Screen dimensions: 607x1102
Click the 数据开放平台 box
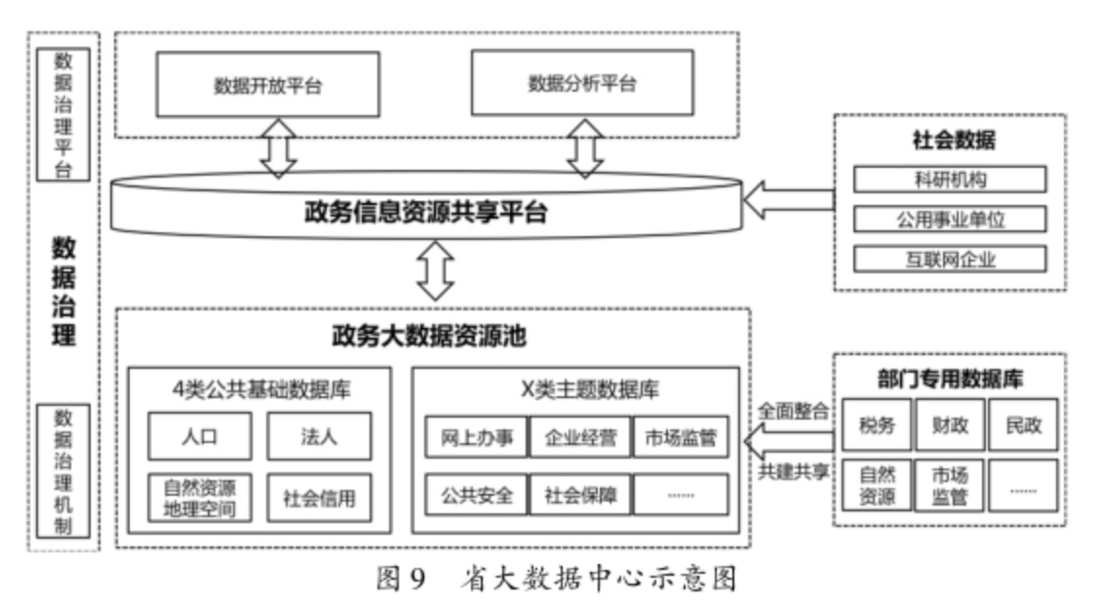tap(267, 85)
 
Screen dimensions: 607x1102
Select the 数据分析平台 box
tap(582, 84)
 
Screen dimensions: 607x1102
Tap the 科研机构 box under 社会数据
tap(949, 180)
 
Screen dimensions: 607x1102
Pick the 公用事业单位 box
tap(949, 220)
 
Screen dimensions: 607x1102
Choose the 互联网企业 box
tap(949, 259)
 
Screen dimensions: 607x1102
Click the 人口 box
tap(199, 436)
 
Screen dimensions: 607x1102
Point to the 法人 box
tap(318, 436)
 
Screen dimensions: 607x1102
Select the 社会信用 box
tap(318, 498)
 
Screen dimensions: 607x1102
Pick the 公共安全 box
tap(476, 494)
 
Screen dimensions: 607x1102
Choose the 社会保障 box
tap(579, 494)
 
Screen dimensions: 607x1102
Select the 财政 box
tap(948, 425)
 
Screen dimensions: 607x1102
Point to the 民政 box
tap(1022, 425)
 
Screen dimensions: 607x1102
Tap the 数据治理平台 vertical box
tap(62, 115)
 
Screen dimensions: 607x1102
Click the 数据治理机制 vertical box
tap(62, 471)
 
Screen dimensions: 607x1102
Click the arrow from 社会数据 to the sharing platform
tap(788, 199)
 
